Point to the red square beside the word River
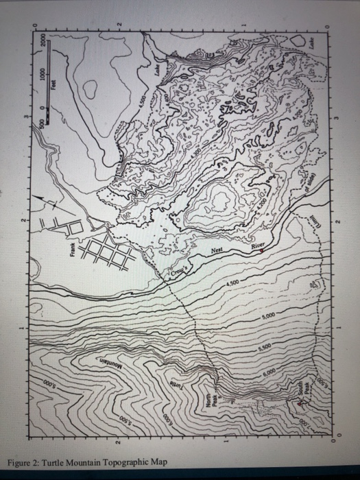[261, 252]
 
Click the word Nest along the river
[217, 250]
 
